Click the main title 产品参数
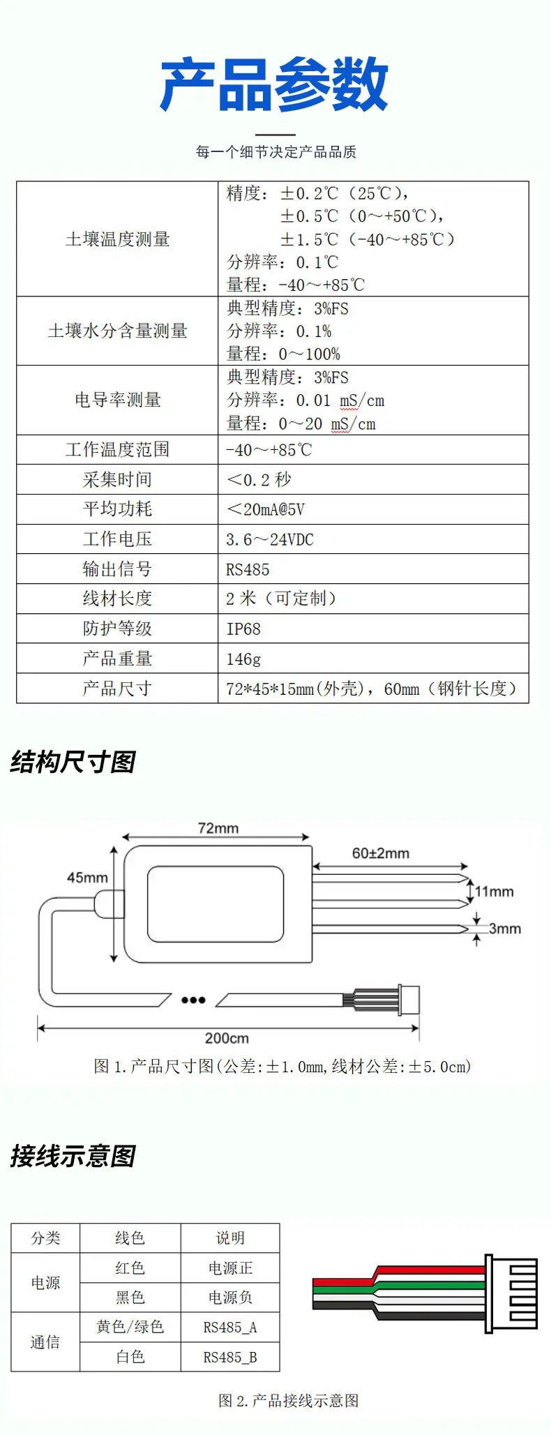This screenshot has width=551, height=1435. tap(274, 84)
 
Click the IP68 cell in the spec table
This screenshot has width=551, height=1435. tap(243, 629)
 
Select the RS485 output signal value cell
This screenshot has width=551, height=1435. tap(248, 569)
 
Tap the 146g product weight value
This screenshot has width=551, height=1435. tap(243, 659)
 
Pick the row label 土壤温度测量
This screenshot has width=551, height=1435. tap(118, 239)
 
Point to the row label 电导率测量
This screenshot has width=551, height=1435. tap(118, 400)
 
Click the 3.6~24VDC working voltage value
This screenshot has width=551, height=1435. tap(270, 539)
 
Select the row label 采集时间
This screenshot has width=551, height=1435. tap(117, 479)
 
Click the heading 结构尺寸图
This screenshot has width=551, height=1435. tap(73, 762)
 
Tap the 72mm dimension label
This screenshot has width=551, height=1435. tap(218, 828)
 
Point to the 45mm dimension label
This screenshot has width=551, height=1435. tap(87, 878)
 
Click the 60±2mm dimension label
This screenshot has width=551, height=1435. tap(381, 853)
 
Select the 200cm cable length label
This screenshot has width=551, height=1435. tap(227, 1038)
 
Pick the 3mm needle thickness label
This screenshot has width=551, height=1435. tap(505, 929)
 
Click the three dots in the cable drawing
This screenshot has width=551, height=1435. tap(193, 1000)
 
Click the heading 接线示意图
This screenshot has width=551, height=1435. tap(73, 1157)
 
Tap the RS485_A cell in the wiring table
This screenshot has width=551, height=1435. tap(230, 1327)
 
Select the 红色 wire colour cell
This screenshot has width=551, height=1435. tap(130, 1268)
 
